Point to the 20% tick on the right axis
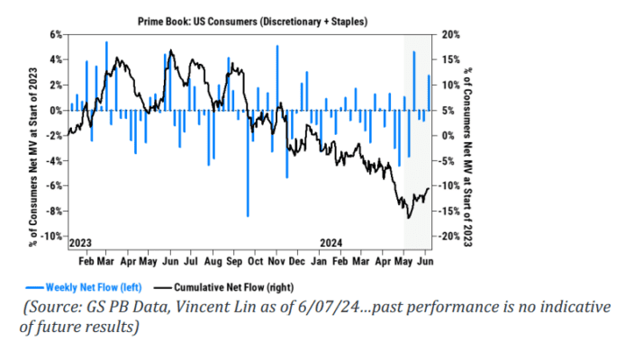tap(450, 34)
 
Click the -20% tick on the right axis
tap(451, 236)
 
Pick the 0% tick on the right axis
tap(448, 135)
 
